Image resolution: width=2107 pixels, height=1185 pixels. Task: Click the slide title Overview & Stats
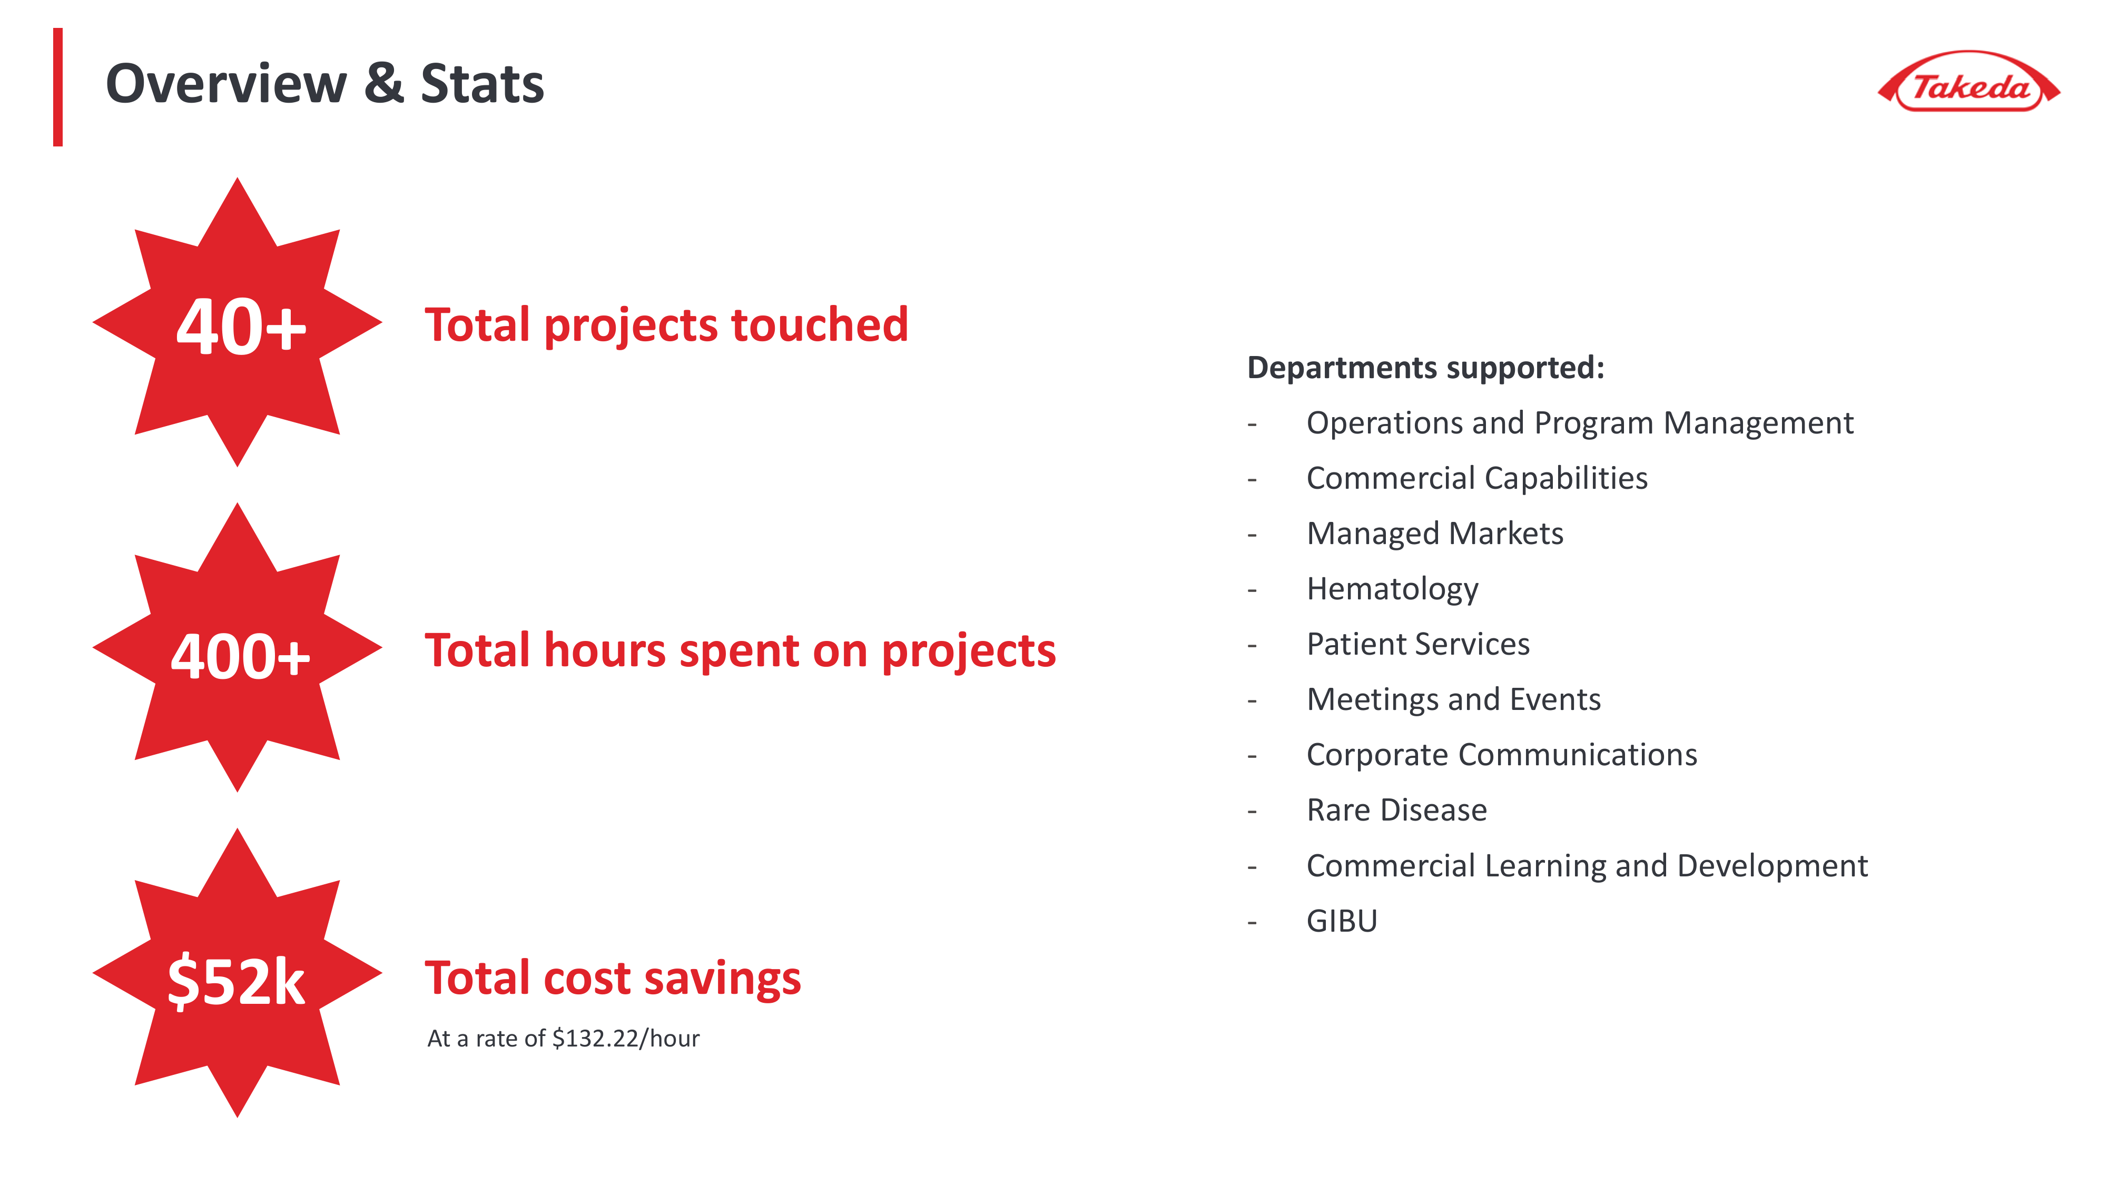[324, 83]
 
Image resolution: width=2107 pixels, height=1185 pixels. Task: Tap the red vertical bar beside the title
[58, 87]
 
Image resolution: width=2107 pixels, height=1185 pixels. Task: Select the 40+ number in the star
[241, 327]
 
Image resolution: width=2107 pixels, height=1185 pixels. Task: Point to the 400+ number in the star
[241, 657]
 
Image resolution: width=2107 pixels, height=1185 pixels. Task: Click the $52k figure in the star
[237, 981]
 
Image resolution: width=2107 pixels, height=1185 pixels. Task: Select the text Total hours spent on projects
[740, 651]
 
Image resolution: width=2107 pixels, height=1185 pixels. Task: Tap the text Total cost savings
[613, 978]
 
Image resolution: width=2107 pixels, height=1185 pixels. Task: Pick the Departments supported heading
[1426, 368]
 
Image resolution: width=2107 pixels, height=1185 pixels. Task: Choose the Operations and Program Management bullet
[1579, 423]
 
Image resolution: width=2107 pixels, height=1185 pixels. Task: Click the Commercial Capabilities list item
[1477, 478]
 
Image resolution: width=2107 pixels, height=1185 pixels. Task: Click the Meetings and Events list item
[1453, 700]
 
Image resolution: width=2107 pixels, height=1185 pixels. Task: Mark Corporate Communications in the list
[1502, 755]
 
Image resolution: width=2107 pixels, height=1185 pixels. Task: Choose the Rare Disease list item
[1397, 811]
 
